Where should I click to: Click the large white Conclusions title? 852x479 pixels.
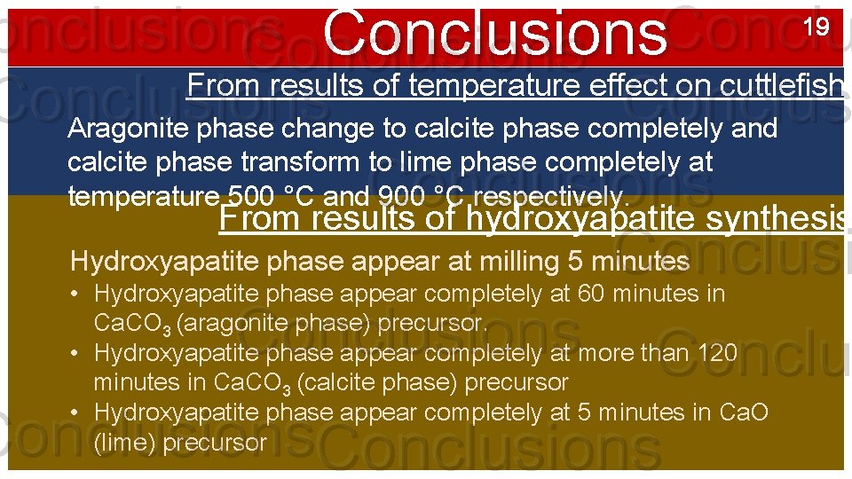(x=494, y=34)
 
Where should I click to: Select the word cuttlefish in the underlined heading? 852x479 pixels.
(x=792, y=85)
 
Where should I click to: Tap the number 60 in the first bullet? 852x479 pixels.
(x=590, y=294)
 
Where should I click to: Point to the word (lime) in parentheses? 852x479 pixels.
(x=122, y=443)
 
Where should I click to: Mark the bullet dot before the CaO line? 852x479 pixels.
(x=79, y=413)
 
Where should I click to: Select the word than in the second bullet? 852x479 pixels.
(x=674, y=353)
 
